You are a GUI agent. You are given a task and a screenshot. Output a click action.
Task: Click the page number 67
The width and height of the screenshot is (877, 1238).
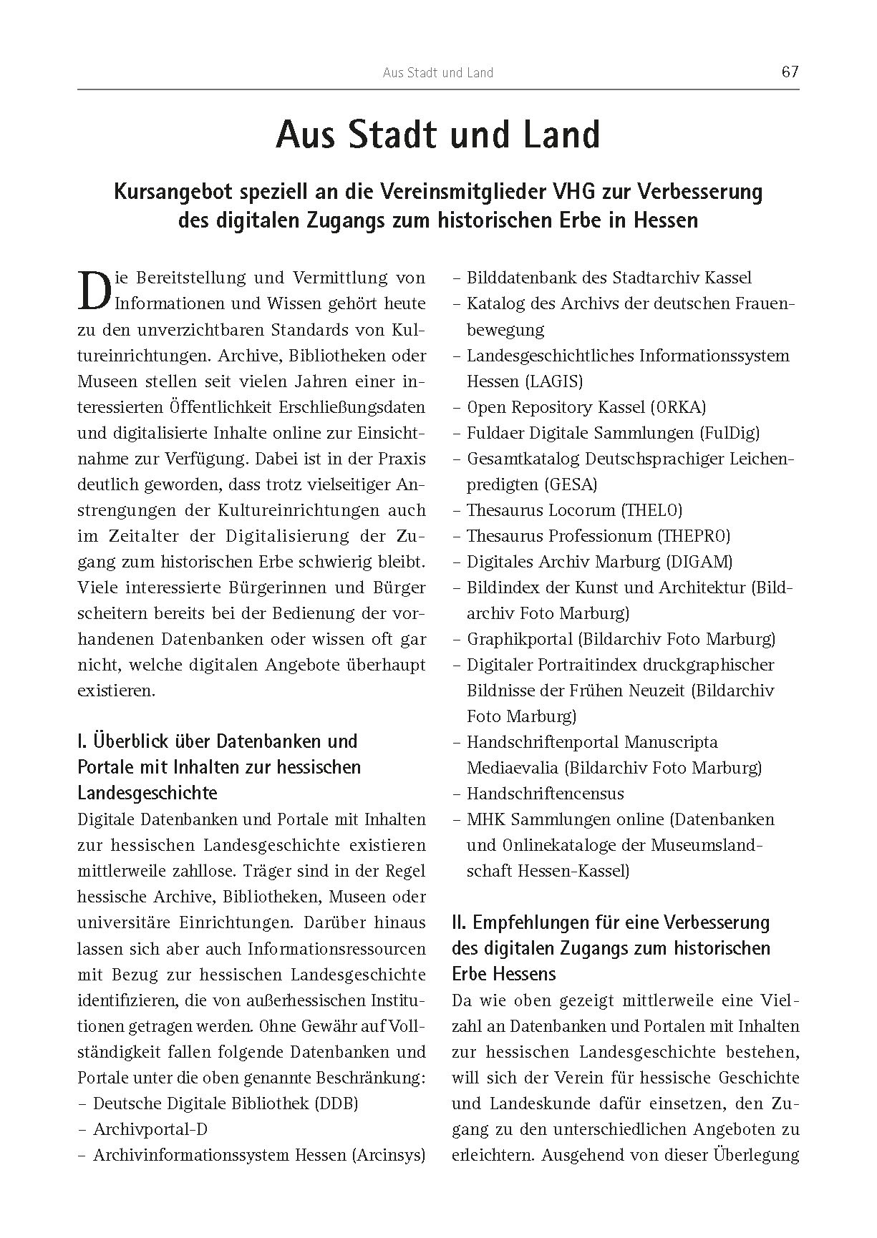tap(790, 72)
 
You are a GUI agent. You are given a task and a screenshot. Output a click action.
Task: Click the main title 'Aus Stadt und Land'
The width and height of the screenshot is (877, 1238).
tap(437, 136)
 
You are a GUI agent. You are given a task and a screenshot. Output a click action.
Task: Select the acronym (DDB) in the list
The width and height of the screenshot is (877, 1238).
tap(335, 1103)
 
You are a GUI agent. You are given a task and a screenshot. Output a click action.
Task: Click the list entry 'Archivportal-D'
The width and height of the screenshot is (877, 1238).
tap(150, 1129)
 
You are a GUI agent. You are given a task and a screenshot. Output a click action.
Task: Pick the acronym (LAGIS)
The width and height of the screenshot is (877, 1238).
tap(555, 381)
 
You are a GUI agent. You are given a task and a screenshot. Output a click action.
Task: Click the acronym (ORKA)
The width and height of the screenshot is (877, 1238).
tap(678, 407)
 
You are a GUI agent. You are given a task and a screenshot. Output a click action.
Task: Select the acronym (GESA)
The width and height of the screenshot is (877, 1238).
tap(571, 484)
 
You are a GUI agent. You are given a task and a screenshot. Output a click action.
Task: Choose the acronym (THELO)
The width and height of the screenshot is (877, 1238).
tap(651, 510)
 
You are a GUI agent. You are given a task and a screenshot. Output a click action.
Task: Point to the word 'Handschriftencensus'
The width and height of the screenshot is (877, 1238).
tap(545, 794)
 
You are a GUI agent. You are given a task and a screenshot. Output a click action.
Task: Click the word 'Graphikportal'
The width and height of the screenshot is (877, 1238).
tap(520, 639)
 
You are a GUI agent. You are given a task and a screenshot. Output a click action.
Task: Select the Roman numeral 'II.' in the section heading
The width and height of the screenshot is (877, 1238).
tap(460, 922)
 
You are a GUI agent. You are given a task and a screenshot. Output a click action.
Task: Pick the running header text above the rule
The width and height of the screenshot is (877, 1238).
tap(437, 72)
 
